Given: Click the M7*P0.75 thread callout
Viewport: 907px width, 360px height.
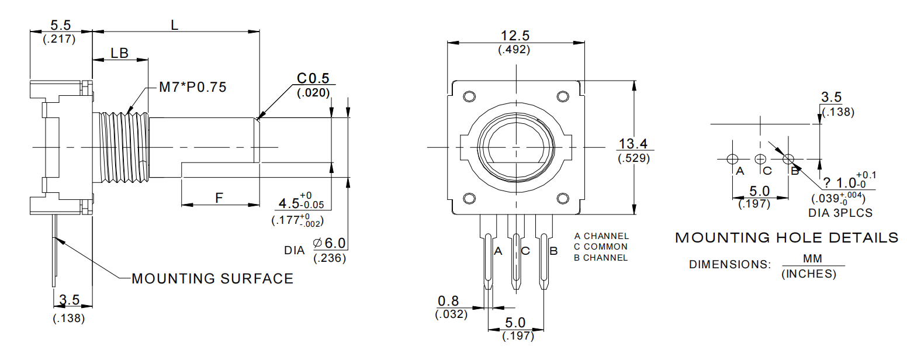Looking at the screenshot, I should pyautogui.click(x=193, y=88).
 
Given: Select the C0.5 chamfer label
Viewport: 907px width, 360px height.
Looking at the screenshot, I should pyautogui.click(x=313, y=78).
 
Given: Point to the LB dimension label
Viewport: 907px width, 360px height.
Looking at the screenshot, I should pyautogui.click(x=119, y=53).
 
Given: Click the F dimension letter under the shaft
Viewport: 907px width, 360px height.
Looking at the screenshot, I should pyautogui.click(x=219, y=198).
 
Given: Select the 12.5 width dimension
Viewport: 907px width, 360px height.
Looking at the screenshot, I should pyautogui.click(x=514, y=36).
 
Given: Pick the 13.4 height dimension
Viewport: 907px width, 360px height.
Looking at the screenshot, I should pyautogui.click(x=633, y=143).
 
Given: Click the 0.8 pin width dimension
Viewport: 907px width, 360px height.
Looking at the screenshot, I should pyautogui.click(x=448, y=301).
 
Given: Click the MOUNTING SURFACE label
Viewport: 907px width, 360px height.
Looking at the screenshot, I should pyautogui.click(x=213, y=279).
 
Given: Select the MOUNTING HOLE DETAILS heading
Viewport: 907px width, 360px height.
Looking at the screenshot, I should pyautogui.click(x=787, y=238).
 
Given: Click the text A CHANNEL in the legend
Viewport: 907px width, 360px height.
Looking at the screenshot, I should pyautogui.click(x=601, y=236).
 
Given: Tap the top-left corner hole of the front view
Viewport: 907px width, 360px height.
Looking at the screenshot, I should pyautogui.click(x=469, y=96).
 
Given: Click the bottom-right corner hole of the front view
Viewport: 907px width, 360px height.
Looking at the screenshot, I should pyautogui.click(x=563, y=198).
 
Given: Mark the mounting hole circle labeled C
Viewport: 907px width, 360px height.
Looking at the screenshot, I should pyautogui.click(x=760, y=158).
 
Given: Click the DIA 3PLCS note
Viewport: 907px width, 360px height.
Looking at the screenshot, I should pyautogui.click(x=840, y=213).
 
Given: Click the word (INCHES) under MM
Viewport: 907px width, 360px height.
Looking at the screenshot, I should pyautogui.click(x=808, y=274).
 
